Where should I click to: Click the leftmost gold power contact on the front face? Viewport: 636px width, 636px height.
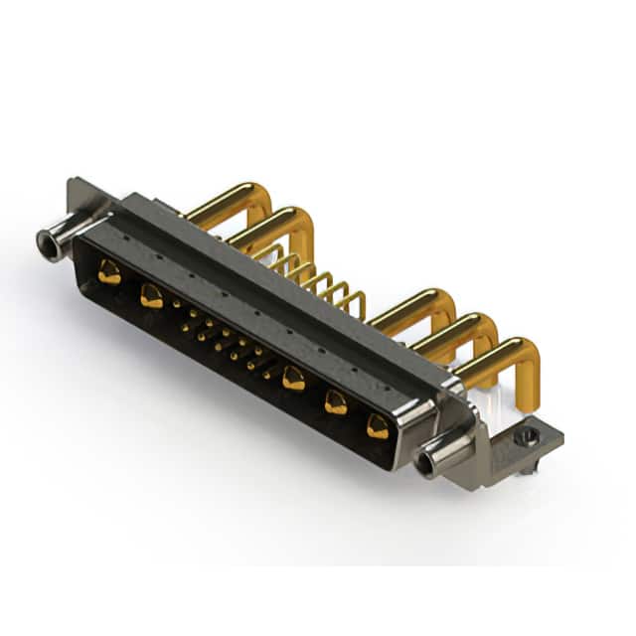pos(110,271)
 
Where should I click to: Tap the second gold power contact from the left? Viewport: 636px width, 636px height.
pos(152,295)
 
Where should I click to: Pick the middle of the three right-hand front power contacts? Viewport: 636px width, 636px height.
pos(336,401)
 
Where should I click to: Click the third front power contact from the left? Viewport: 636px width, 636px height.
pos(293,377)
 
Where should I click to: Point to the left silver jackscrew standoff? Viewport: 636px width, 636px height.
pos(58,239)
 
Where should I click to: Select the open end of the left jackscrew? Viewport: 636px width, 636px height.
pos(44,239)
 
